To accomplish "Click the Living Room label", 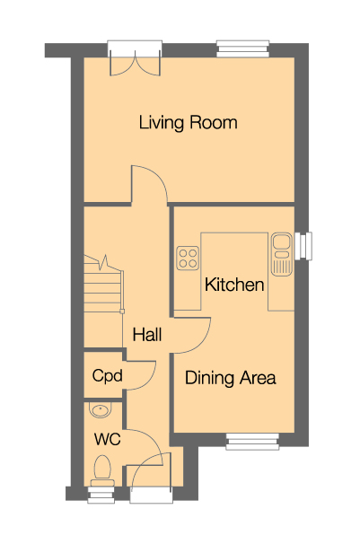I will coord(188,122).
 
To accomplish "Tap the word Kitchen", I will coord(234,285).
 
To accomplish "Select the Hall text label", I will coord(146,335).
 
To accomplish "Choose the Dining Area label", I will coord(230,378).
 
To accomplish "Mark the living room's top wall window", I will coord(242,48).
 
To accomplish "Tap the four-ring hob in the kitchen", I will coord(189,259).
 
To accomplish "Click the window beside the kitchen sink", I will coord(306,245).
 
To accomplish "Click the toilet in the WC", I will coord(101,471).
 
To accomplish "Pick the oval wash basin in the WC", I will coord(99,412).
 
